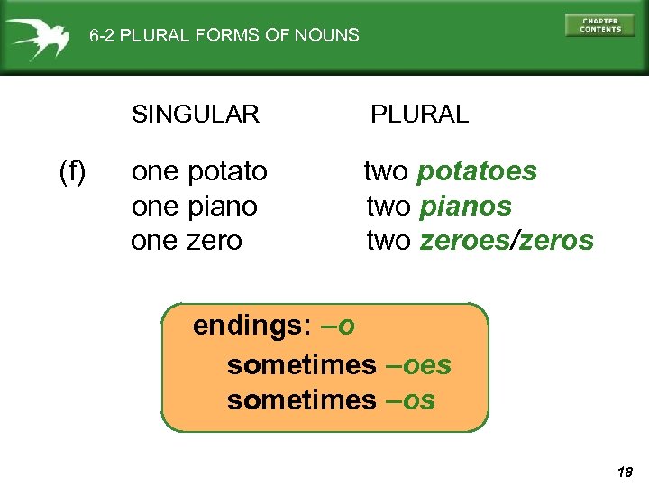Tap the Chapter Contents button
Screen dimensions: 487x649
(599, 25)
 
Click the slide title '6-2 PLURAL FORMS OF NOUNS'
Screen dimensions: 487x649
(224, 36)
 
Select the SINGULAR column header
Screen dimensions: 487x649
(196, 115)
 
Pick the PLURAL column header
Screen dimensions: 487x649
(420, 115)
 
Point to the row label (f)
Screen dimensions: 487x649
(72, 170)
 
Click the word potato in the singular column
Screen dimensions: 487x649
(228, 171)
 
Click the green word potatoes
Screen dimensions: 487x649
(478, 171)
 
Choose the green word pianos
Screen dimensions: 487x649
(465, 207)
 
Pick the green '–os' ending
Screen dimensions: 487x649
(409, 400)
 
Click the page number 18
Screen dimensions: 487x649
(625, 472)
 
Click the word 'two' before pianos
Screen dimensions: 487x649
(388, 207)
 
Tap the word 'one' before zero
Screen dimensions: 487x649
(155, 241)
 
